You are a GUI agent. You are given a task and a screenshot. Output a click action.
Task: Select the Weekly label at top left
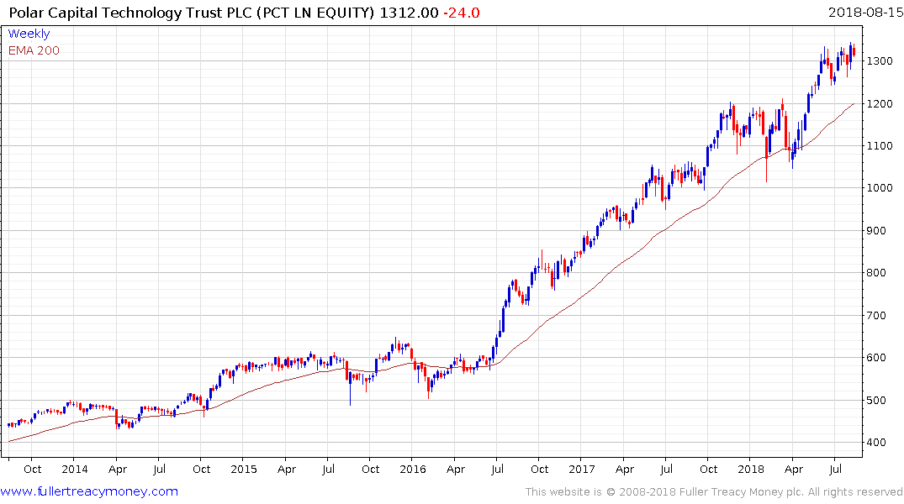(29, 34)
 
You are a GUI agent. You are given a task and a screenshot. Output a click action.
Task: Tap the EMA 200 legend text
(34, 50)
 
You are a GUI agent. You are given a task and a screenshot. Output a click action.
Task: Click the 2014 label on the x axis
(74, 470)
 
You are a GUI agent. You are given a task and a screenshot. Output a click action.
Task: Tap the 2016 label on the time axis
(412, 470)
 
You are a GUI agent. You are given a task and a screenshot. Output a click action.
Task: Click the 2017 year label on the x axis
(581, 470)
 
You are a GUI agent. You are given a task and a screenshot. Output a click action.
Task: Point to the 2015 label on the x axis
(243, 470)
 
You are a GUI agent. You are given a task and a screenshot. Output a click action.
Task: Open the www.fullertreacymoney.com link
(89, 491)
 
